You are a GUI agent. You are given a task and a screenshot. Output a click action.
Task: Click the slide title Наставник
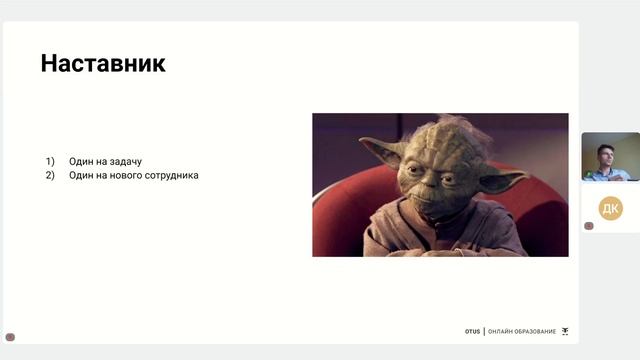coord(103,64)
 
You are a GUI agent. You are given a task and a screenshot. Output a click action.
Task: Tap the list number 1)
coord(50,161)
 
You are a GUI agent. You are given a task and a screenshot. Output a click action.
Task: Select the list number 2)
coord(50,175)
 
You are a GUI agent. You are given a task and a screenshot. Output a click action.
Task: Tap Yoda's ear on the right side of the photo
coord(502,181)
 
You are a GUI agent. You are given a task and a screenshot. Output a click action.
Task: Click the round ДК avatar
coord(610,208)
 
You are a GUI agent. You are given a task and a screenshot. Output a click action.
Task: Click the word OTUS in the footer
coord(472,331)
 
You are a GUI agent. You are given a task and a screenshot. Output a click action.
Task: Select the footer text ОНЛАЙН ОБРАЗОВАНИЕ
coord(521,331)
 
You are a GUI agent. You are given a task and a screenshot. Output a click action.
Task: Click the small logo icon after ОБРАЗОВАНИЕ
coord(565,331)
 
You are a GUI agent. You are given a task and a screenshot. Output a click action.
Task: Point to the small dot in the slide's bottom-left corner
coord(10,337)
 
